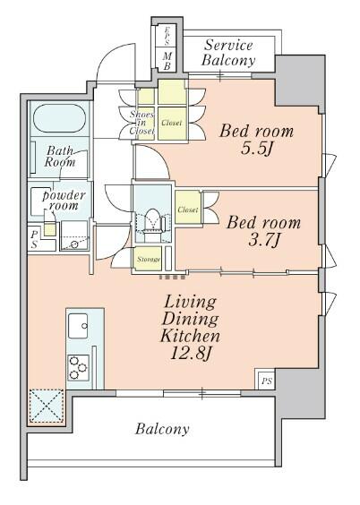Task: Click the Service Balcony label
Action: pos(228,53)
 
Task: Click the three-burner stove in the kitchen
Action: pos(78,366)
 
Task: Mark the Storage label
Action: pos(148,260)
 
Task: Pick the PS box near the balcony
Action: pos(266,381)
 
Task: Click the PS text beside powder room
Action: pos(34,236)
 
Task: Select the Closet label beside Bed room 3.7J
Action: pos(187,210)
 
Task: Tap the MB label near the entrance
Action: pos(166,59)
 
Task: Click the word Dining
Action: pos(191,320)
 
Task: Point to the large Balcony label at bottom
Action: pos(162,429)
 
